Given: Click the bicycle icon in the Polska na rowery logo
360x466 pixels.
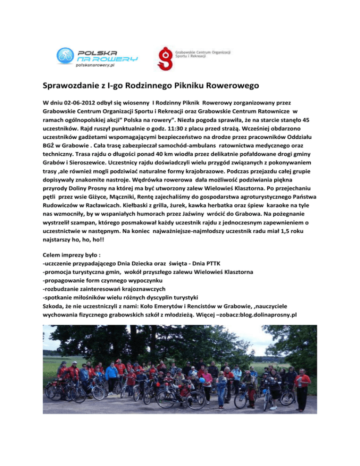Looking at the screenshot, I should [x=66, y=56].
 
